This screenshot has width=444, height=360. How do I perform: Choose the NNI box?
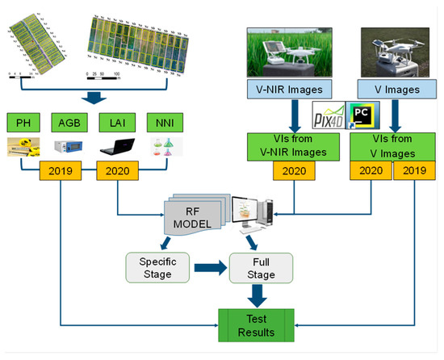click(x=166, y=123)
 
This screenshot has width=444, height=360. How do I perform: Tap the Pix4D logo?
click(x=327, y=116)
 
